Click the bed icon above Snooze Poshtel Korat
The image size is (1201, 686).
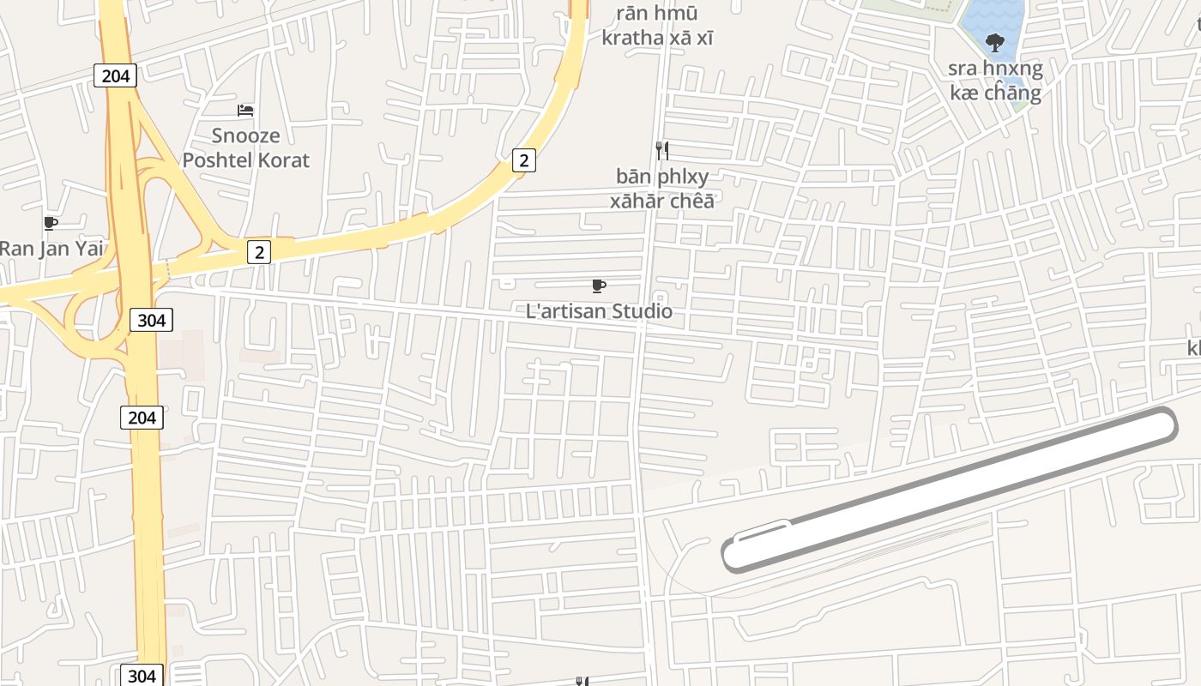point(245,110)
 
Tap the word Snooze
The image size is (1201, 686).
point(246,135)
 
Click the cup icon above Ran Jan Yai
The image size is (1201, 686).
point(51,224)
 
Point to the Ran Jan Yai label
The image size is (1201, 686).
point(51,249)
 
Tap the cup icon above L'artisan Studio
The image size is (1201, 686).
point(599,286)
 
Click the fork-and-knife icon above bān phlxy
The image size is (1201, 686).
point(661,151)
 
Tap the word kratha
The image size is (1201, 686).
point(633,38)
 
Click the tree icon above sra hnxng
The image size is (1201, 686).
point(995,42)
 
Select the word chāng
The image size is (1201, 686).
point(1013,93)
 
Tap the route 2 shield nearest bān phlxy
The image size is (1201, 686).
point(523,159)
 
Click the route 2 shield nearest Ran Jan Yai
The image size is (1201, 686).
point(259,251)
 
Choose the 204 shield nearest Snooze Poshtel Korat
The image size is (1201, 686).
point(115,75)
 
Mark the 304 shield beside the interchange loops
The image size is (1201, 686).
point(152,321)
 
